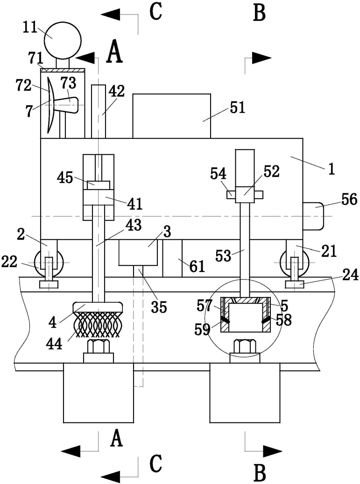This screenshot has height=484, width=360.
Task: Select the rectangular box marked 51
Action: pyautogui.click(x=171, y=116)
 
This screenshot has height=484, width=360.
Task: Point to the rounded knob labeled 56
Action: pyautogui.click(x=313, y=216)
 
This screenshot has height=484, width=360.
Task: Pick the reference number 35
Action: pyautogui.click(x=159, y=306)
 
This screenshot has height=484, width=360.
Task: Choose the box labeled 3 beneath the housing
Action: pyautogui.click(x=138, y=252)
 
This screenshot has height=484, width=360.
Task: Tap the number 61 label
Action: pyautogui.click(x=198, y=266)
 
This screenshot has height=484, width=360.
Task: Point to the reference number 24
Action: pyautogui.click(x=351, y=275)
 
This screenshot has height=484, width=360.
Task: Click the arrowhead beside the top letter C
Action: pyautogui.click(x=111, y=14)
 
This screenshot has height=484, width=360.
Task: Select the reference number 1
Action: pyautogui.click(x=332, y=170)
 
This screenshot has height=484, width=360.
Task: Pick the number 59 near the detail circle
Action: pyautogui.click(x=202, y=329)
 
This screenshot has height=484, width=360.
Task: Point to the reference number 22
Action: pyautogui.click(x=10, y=262)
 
